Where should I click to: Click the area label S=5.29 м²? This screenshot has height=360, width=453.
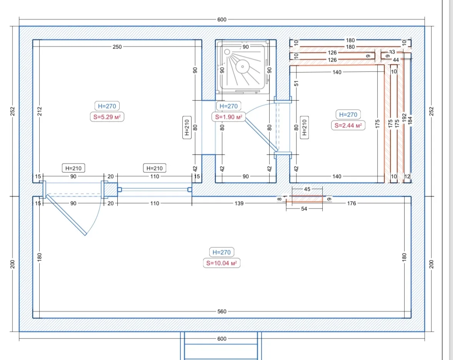pyautogui.click(x=107, y=117)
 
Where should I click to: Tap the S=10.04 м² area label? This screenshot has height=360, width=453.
pyautogui.click(x=222, y=263)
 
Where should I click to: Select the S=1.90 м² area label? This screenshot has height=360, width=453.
pyautogui.click(x=228, y=117)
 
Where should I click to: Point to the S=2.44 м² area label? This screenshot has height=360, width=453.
pyautogui.click(x=348, y=125)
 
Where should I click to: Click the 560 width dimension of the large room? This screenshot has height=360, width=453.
pyautogui.click(x=222, y=312)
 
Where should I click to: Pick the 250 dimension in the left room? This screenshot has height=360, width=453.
pyautogui.click(x=117, y=47)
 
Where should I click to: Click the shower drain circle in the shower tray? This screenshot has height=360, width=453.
pyautogui.click(x=242, y=67)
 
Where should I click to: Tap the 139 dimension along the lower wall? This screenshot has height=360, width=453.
pyautogui.click(x=239, y=203)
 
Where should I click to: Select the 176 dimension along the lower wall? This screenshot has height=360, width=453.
pyautogui.click(x=351, y=203)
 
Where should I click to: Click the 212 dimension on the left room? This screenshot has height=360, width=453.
pyautogui.click(x=40, y=111)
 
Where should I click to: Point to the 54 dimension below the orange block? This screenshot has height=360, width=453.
pyautogui.click(x=304, y=209)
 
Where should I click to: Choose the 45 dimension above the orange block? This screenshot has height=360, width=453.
pyautogui.click(x=307, y=189)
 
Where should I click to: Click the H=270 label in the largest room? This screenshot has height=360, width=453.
pyautogui.click(x=222, y=252)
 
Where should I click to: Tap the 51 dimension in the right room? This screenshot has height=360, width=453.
pyautogui.click(x=296, y=83)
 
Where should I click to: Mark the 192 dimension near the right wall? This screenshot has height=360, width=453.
pyautogui.click(x=404, y=117)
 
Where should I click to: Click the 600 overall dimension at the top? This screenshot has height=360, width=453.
pyautogui.click(x=222, y=20)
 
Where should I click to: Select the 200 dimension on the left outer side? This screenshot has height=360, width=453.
pyautogui.click(x=12, y=264)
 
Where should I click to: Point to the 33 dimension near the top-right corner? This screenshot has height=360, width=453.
pyautogui.click(x=392, y=52)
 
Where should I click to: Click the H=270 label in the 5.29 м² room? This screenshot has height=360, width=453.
pyautogui.click(x=107, y=106)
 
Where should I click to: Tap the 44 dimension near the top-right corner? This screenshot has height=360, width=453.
pyautogui.click(x=396, y=60)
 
